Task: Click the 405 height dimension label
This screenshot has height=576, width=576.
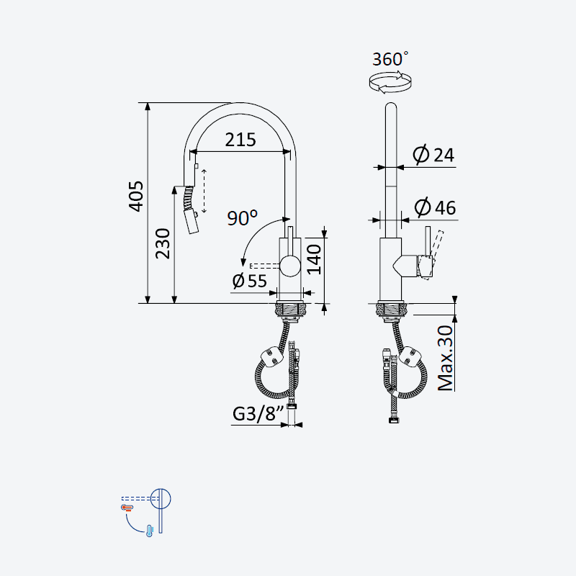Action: [136, 196]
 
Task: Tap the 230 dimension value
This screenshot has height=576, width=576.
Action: [163, 243]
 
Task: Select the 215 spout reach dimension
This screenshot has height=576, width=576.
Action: [240, 140]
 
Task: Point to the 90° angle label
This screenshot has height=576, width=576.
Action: [242, 218]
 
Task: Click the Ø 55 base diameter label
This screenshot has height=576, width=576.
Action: [249, 281]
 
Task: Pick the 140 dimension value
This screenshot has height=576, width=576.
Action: [314, 260]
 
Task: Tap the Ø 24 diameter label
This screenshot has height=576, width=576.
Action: [433, 155]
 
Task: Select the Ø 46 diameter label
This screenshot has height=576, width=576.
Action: [436, 207]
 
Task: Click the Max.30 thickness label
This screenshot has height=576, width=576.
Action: [446, 358]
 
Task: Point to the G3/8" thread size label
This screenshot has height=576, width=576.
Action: [259, 413]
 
